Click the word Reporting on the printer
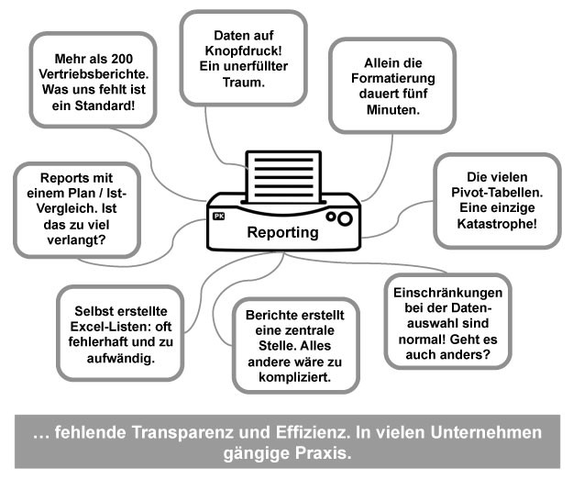(x=282, y=233)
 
